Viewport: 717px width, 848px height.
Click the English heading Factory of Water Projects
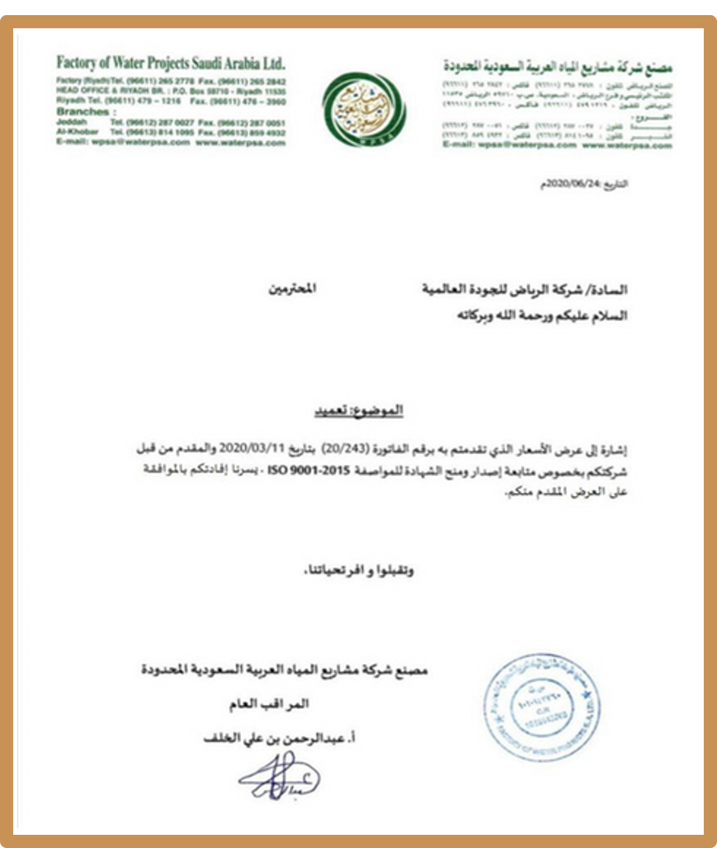[170, 63]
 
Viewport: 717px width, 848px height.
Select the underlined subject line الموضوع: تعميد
[358, 410]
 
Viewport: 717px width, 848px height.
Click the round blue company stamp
[544, 707]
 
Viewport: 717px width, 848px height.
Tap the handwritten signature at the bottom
[279, 776]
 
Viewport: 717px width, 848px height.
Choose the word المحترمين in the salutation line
[292, 289]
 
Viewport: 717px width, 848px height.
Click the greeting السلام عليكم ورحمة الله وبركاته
[542, 315]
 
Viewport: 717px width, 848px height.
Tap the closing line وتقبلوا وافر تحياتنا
[358, 570]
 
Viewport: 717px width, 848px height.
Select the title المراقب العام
[269, 704]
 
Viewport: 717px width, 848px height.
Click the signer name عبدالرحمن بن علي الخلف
[279, 739]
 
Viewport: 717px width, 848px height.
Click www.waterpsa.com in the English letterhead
[240, 142]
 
